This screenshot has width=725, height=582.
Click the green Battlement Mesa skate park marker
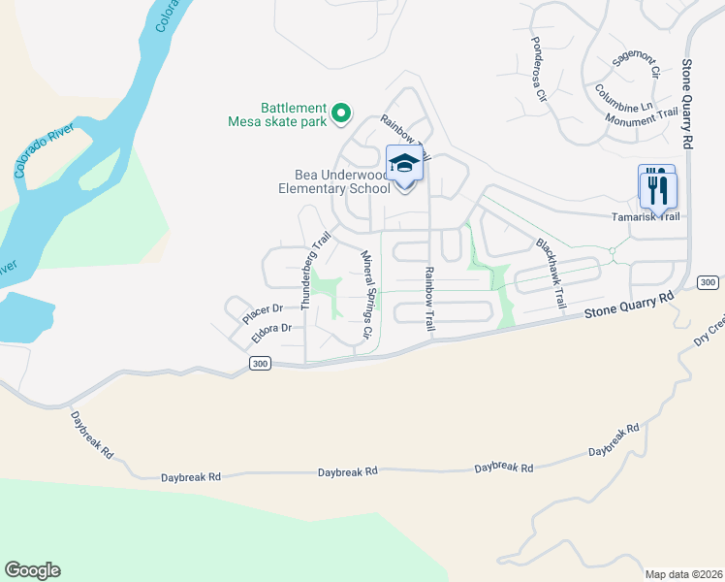(340, 114)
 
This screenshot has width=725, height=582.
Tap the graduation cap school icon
(405, 164)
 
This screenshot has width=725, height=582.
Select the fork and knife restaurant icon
(657, 184)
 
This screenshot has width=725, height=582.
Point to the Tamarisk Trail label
(644, 216)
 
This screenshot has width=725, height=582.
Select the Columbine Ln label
(624, 102)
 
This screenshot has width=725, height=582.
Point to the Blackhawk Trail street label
(549, 274)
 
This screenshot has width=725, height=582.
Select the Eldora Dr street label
(271, 330)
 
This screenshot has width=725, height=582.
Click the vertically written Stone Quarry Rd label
(686, 102)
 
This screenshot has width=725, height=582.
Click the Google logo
(32, 570)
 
